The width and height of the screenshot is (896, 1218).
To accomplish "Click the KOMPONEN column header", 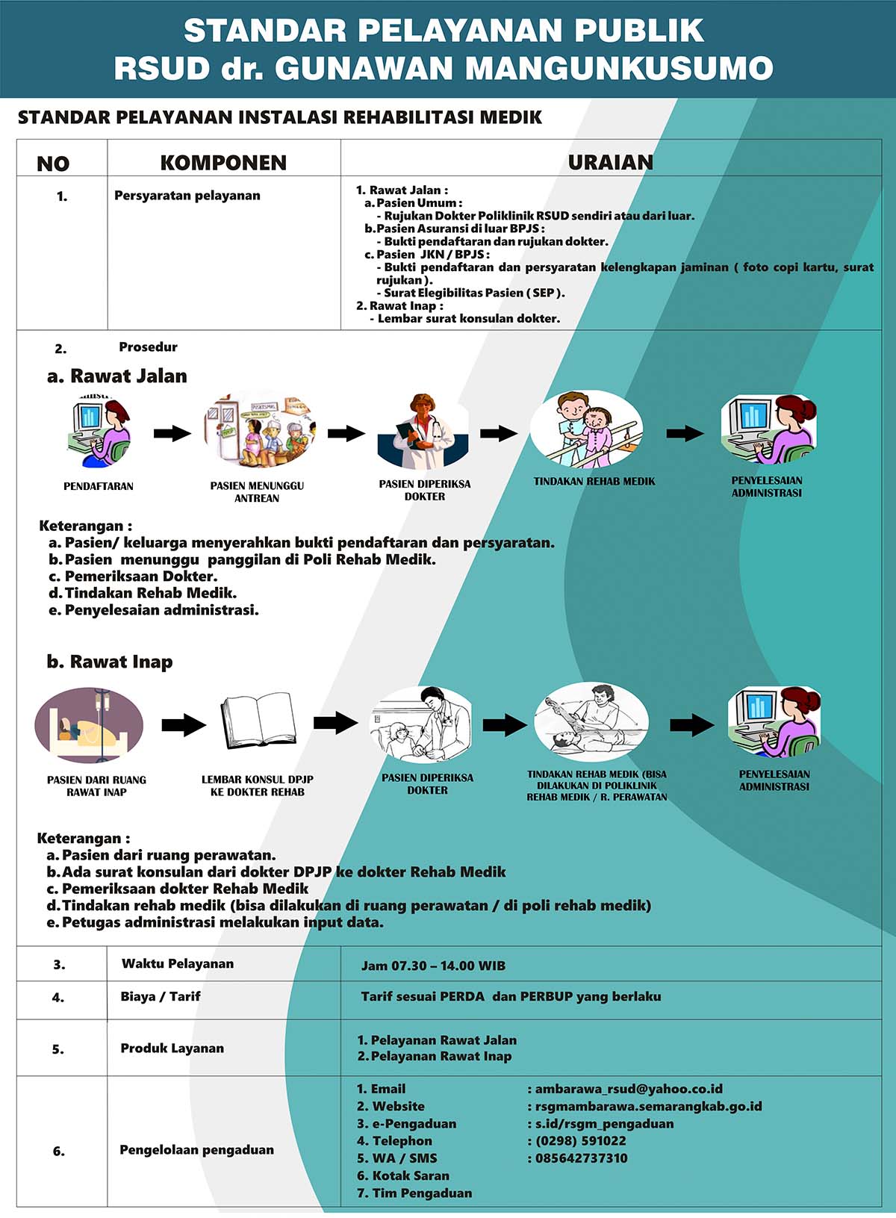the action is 223,163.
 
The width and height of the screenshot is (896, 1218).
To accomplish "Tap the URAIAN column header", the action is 611,162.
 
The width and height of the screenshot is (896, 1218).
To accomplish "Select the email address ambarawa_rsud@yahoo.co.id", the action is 629,1089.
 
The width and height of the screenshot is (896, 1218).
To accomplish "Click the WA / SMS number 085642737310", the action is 581,1158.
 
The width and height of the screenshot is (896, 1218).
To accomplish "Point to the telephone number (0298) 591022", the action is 581,1141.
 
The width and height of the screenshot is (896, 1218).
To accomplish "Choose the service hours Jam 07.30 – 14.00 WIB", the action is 433,966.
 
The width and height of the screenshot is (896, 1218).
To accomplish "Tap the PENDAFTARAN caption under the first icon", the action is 99,486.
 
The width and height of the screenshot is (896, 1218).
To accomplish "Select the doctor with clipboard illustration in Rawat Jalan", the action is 423,431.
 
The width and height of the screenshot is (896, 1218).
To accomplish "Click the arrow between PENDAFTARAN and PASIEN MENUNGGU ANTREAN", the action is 172,433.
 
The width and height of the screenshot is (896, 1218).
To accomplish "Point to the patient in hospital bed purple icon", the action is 89,725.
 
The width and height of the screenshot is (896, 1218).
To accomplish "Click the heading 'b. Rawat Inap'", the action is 110,662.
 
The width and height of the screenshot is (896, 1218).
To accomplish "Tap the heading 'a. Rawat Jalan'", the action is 117,376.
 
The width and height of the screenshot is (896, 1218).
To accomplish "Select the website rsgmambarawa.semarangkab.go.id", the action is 649,1107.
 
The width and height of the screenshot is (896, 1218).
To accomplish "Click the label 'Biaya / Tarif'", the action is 161,996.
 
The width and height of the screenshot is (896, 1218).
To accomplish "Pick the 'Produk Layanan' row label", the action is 172,1048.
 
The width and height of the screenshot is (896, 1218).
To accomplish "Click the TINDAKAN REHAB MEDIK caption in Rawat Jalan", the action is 594,481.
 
